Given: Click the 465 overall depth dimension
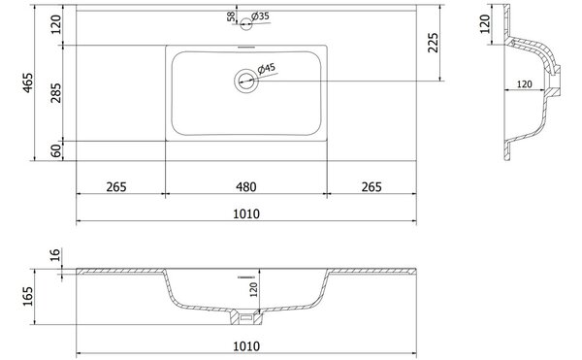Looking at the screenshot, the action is click(x=28, y=82).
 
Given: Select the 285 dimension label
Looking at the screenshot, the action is click(x=56, y=93).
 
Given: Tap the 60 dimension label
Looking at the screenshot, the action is click(x=56, y=150).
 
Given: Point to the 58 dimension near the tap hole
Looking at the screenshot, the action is click(x=231, y=16).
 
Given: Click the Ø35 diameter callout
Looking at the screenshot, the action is click(x=260, y=16).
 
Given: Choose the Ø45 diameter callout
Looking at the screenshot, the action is click(x=266, y=69).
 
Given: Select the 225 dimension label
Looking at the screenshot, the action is click(x=434, y=43).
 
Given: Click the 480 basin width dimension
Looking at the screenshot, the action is click(x=246, y=186).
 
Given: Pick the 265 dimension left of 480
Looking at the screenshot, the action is click(x=116, y=186).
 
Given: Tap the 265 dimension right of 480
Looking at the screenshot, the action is click(x=372, y=186).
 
